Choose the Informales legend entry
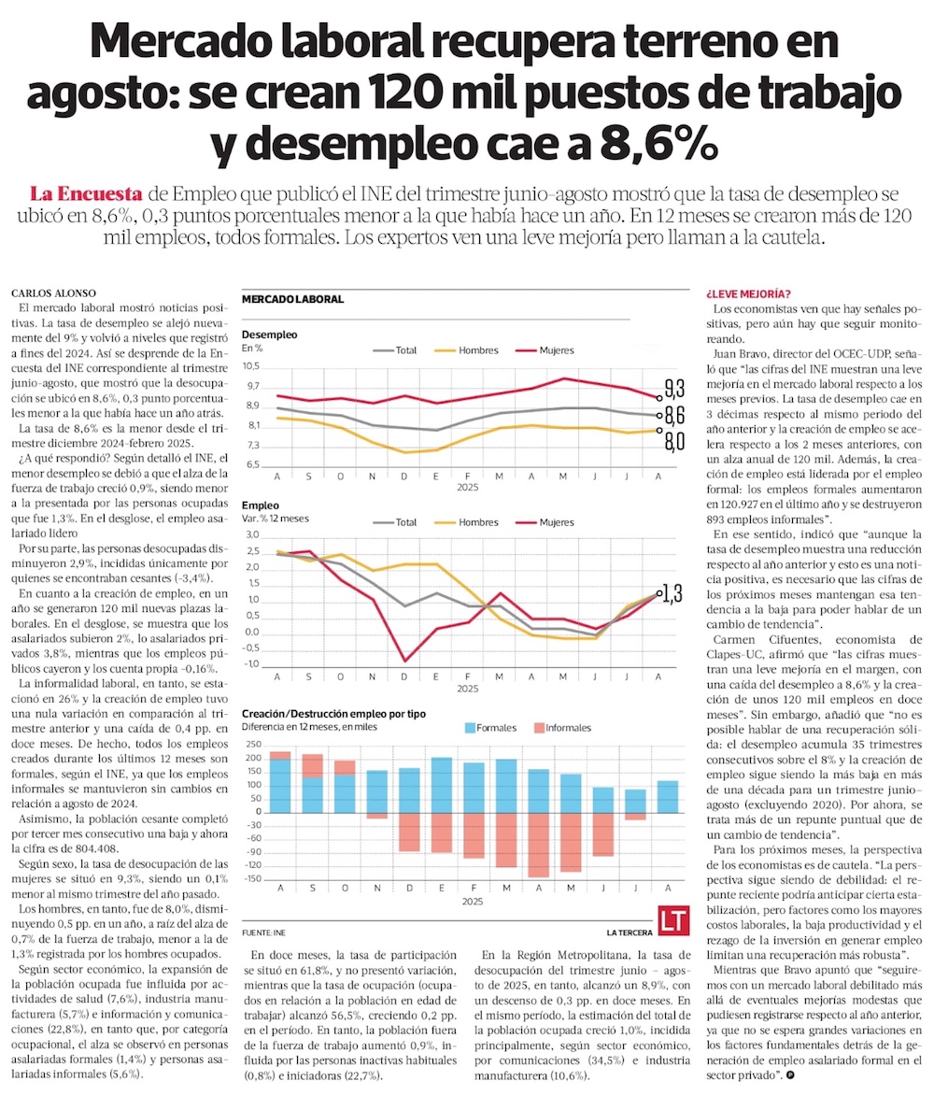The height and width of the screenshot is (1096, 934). pos(561,726)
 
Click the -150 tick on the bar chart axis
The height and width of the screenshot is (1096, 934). pos(252,880)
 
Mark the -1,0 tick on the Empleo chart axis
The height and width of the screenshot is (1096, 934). pos(250,664)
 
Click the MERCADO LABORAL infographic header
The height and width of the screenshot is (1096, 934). pos(292,300)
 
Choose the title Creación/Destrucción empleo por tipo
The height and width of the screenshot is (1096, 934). pos(333,713)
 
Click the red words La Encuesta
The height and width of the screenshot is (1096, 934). pos(86,194)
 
